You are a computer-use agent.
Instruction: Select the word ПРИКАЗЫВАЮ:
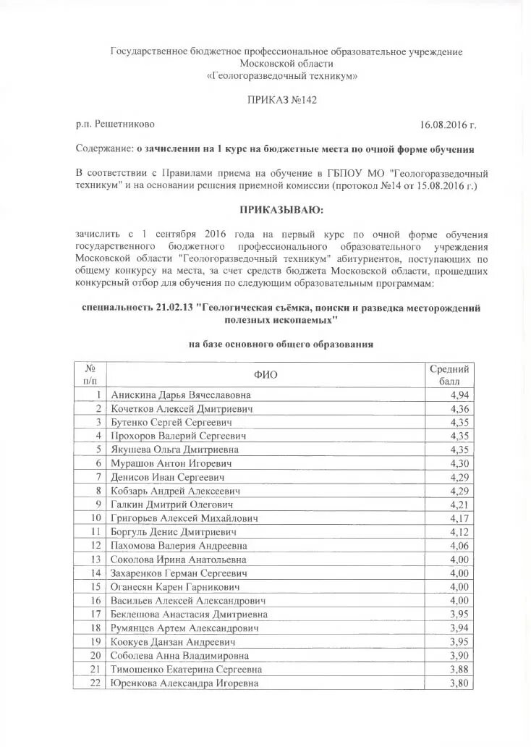[283, 210]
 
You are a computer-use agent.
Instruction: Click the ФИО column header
[265, 374]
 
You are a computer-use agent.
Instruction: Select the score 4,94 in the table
[459, 394]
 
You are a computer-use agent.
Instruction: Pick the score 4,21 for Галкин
[459, 505]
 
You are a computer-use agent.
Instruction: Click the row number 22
[95, 683]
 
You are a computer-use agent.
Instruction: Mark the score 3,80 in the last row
[459, 683]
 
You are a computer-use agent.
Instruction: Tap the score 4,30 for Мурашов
[459, 463]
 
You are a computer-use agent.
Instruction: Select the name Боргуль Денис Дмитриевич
[171, 532]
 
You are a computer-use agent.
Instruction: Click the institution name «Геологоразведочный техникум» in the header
[282, 75]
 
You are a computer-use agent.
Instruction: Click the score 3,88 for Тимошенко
[459, 669]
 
